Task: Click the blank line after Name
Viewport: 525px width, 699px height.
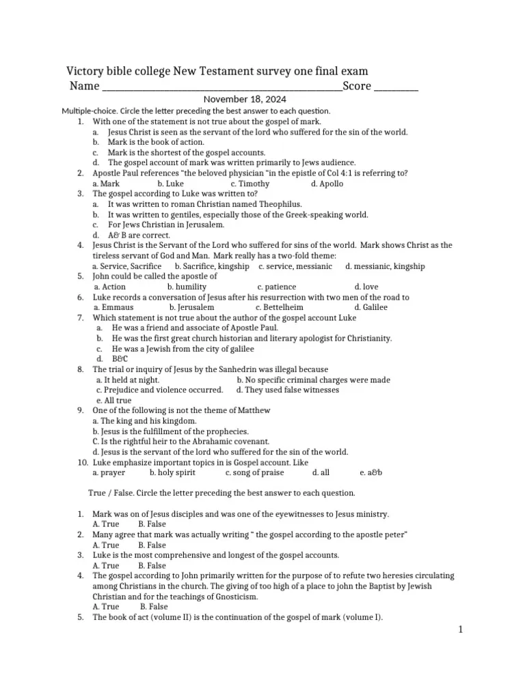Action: click(x=221, y=87)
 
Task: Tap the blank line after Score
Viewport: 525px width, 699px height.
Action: click(x=396, y=87)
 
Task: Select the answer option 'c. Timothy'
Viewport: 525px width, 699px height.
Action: click(x=250, y=184)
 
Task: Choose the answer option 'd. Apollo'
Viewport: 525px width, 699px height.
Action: click(x=327, y=184)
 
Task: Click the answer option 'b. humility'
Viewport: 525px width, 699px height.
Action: click(x=187, y=287)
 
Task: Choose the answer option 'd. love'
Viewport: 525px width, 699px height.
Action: click(x=366, y=287)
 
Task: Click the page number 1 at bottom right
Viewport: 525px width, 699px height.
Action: click(x=461, y=630)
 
